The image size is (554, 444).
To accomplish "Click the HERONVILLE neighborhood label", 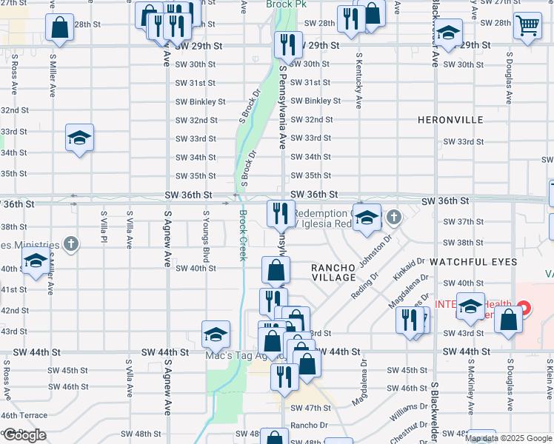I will tap(450, 120).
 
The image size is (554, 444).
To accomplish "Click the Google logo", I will tap(24, 435).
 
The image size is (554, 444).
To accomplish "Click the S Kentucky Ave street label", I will tap(359, 81).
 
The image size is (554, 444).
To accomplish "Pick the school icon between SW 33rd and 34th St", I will tap(79, 138).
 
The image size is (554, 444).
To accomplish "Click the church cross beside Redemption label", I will tap(395, 217).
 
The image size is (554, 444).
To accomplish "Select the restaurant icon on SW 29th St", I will tap(288, 44).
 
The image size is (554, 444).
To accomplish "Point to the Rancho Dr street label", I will tap(309, 425).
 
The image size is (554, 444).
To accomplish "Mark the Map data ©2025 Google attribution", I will tap(509, 438).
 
